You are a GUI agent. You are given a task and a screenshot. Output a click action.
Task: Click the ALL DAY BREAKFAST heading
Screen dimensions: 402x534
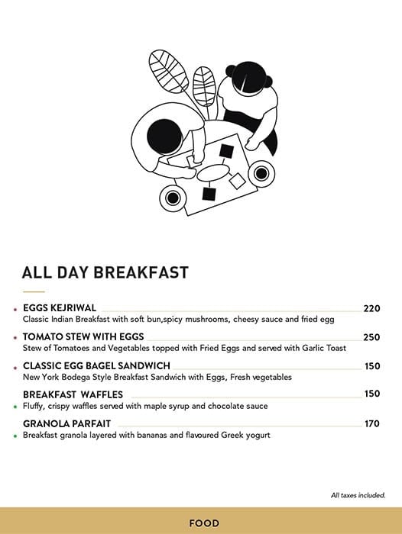pyautogui.click(x=105, y=272)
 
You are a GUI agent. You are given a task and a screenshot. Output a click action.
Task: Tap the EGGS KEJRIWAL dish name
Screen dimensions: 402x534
pyautogui.click(x=60, y=308)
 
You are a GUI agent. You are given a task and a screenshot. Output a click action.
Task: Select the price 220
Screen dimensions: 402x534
pyautogui.click(x=371, y=309)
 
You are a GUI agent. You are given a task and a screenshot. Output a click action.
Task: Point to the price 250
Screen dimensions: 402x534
pyautogui.click(x=371, y=337)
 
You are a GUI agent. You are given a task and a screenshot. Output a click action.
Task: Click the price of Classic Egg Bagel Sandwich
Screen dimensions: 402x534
pyautogui.click(x=372, y=366)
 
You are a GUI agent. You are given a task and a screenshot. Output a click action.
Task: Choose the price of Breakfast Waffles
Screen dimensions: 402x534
pyautogui.click(x=372, y=394)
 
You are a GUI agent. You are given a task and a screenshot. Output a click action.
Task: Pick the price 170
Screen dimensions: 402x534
pyautogui.click(x=372, y=423)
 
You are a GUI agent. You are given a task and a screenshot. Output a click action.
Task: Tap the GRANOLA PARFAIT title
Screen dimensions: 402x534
pyautogui.click(x=67, y=423)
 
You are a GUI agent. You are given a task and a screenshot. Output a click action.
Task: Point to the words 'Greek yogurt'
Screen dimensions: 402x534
pyautogui.click(x=242, y=435)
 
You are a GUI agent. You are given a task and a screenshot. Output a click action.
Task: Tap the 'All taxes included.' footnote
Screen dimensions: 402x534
pyautogui.click(x=358, y=495)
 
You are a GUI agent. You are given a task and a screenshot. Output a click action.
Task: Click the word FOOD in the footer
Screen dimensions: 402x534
pyautogui.click(x=204, y=523)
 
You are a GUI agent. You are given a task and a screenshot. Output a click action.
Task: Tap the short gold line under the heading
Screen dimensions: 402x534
pyautogui.click(x=34, y=292)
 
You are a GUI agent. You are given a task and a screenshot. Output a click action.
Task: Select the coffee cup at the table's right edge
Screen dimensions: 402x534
pyautogui.click(x=261, y=175)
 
